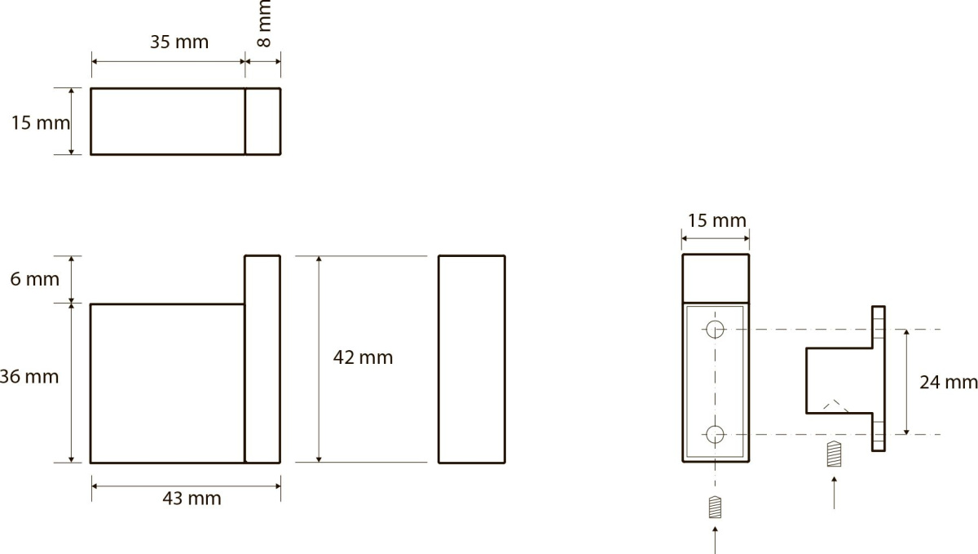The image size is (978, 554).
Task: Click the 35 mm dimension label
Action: tap(179, 42)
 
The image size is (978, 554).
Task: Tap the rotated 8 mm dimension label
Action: tap(264, 24)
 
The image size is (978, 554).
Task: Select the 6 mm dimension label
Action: tap(34, 279)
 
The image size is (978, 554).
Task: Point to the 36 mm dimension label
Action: tap(29, 376)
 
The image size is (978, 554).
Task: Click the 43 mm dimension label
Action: tap(192, 499)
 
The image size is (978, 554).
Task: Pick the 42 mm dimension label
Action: tap(363, 357)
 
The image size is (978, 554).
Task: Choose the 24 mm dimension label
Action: tap(949, 383)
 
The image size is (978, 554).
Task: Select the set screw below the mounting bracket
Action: tap(834, 454)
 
